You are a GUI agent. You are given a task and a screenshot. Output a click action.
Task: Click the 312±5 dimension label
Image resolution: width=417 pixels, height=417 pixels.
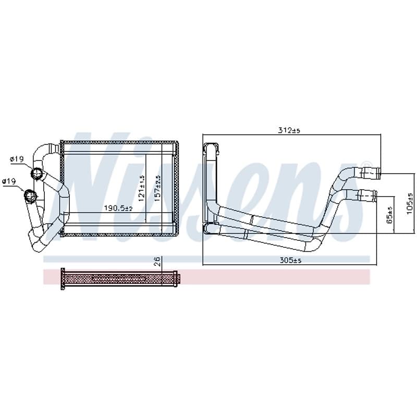click(289, 130)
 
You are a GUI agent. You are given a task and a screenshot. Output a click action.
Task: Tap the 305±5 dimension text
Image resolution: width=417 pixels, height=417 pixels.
click(290, 260)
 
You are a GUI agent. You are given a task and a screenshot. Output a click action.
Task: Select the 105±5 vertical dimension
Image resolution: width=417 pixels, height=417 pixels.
click(410, 203)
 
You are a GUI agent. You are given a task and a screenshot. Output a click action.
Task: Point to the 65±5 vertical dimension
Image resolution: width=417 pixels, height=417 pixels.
click(389, 214)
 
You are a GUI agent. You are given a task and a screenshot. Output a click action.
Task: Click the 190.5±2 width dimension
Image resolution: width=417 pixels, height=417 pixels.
click(118, 208)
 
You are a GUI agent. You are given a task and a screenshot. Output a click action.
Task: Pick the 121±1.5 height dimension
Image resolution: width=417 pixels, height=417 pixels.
click(141, 188)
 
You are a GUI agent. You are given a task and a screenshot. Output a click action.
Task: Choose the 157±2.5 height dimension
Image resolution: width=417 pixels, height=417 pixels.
click(158, 188)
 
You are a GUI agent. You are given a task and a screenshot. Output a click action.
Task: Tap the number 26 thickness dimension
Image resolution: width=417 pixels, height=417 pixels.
click(157, 261)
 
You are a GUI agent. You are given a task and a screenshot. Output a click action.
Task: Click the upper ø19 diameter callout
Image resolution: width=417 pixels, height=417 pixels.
click(17, 159)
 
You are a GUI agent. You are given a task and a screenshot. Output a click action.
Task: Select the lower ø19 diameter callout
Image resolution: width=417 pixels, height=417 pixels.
click(9, 181)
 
